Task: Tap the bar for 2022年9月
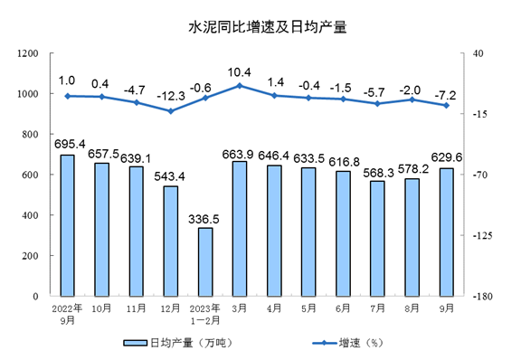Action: [68, 225]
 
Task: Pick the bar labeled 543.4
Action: [171, 241]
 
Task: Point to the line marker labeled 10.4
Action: [240, 86]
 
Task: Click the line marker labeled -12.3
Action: [171, 111]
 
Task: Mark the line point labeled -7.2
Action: [446, 106]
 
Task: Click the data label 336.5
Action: [206, 218]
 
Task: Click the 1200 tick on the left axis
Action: [31, 53]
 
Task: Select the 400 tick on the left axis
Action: [34, 215]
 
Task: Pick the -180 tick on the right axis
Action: [480, 296]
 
